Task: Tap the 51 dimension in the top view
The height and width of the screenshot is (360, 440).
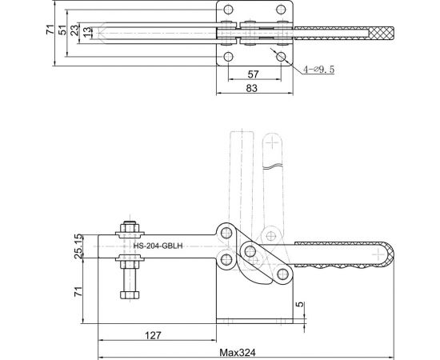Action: coord(63,31)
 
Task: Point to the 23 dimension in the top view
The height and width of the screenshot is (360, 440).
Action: coord(74,31)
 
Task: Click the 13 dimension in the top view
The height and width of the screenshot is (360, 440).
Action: coord(86,31)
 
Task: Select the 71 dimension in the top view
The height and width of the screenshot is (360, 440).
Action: coord(50,31)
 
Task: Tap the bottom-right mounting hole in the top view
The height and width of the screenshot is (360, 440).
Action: coord(282,56)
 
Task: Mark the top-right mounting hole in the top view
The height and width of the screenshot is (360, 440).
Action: coord(282,10)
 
